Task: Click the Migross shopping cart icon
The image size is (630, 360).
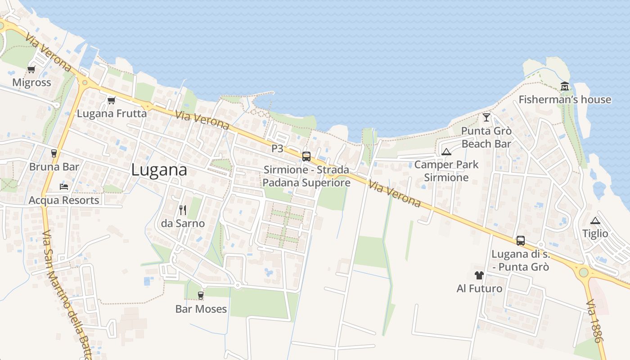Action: click(x=31, y=69)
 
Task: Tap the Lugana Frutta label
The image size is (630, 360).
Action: click(x=112, y=113)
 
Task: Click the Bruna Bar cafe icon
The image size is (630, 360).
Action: click(x=54, y=153)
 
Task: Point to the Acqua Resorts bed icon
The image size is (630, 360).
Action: click(x=63, y=186)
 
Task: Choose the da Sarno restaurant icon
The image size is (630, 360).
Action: click(x=182, y=210)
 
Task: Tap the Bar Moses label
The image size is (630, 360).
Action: click(x=201, y=309)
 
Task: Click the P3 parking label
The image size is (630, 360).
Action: click(x=277, y=148)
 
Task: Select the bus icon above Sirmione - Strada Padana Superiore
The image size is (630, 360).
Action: click(x=306, y=157)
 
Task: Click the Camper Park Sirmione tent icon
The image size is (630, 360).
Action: click(x=446, y=152)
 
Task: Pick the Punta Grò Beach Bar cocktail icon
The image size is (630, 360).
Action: click(x=486, y=117)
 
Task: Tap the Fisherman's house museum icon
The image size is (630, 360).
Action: click(x=564, y=86)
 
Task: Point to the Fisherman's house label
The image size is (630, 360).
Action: click(x=565, y=99)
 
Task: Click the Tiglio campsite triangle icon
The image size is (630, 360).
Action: click(x=595, y=220)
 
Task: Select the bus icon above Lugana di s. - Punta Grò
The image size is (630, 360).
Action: click(x=520, y=241)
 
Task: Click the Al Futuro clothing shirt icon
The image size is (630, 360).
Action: click(x=479, y=275)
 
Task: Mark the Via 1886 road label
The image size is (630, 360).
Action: click(x=594, y=321)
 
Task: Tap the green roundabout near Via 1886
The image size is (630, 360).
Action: click(x=584, y=272)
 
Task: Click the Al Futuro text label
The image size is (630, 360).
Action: click(x=479, y=288)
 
